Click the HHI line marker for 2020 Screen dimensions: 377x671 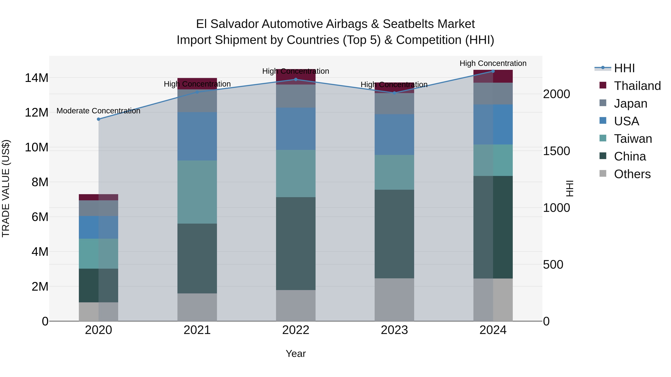[x=98, y=119]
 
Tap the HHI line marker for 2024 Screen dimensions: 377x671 [x=493, y=71]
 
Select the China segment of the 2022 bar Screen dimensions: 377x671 [x=296, y=244]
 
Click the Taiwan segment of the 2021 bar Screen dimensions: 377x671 [x=197, y=192]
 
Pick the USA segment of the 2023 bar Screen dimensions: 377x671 [x=394, y=135]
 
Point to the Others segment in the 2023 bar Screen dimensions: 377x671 [x=394, y=300]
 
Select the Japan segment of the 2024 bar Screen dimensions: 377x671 [x=493, y=94]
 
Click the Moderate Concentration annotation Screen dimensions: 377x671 [x=98, y=111]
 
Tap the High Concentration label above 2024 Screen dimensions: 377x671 [x=493, y=63]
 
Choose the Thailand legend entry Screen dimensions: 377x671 [x=637, y=86]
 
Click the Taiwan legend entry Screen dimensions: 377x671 [x=633, y=139]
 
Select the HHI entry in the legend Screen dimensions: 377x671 [x=624, y=68]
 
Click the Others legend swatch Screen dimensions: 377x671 [x=603, y=174]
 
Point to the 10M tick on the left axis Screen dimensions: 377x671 [x=37, y=147]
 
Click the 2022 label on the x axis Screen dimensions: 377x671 [x=296, y=330]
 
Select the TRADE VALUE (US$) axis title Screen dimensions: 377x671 [x=6, y=188]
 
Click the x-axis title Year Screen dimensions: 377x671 [x=296, y=354]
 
